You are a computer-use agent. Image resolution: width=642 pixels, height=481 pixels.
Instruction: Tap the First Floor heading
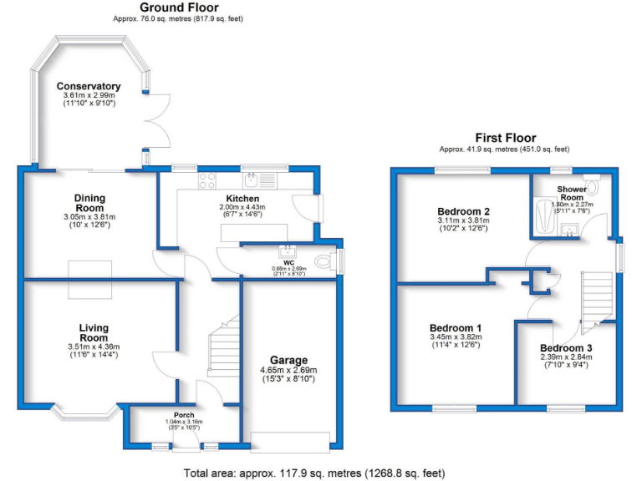click(x=506, y=138)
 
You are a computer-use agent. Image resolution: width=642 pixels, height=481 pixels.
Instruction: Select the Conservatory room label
click(x=89, y=86)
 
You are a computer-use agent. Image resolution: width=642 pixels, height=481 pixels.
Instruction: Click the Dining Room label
click(x=89, y=203)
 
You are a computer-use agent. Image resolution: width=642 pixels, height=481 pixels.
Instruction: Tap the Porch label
click(x=184, y=415)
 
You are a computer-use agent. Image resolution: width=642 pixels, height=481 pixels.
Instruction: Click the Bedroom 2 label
click(x=462, y=211)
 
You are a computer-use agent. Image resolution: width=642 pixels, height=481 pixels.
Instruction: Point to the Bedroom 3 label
click(x=565, y=347)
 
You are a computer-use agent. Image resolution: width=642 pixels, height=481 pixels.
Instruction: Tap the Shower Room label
click(x=572, y=194)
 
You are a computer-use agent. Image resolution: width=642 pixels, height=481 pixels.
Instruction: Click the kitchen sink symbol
click(x=254, y=178)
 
